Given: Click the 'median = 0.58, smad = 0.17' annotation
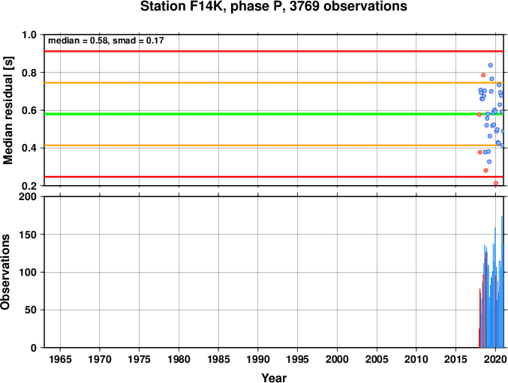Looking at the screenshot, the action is pyautogui.click(x=106, y=40).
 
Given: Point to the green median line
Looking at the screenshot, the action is pyautogui.click(x=274, y=114).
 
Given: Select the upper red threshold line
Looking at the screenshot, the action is pyautogui.click(x=274, y=51).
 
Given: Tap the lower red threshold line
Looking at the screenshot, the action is pyautogui.click(x=274, y=177).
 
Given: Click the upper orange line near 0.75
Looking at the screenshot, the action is pyautogui.click(x=274, y=82).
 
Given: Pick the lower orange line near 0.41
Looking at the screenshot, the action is pyautogui.click(x=274, y=145).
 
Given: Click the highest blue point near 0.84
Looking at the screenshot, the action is pyautogui.click(x=491, y=65).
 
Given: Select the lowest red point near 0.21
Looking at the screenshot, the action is pyautogui.click(x=496, y=183).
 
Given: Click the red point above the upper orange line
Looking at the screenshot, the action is pyautogui.click(x=483, y=75).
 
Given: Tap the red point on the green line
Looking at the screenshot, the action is pyautogui.click(x=479, y=115).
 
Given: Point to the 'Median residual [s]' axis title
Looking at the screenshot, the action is pyautogui.click(x=8, y=110).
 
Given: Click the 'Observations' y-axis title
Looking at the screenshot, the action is pyautogui.click(x=5, y=272).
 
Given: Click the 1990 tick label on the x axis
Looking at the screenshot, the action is pyautogui.click(x=258, y=359).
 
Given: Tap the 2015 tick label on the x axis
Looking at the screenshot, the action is pyautogui.click(x=455, y=359).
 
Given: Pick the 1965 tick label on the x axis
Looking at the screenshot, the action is pyautogui.click(x=60, y=359).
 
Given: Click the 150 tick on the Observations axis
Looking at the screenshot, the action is pyautogui.click(x=29, y=235).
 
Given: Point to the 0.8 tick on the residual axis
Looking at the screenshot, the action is pyautogui.click(x=29, y=73).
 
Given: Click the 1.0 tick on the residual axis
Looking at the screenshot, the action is pyautogui.click(x=29, y=34).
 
